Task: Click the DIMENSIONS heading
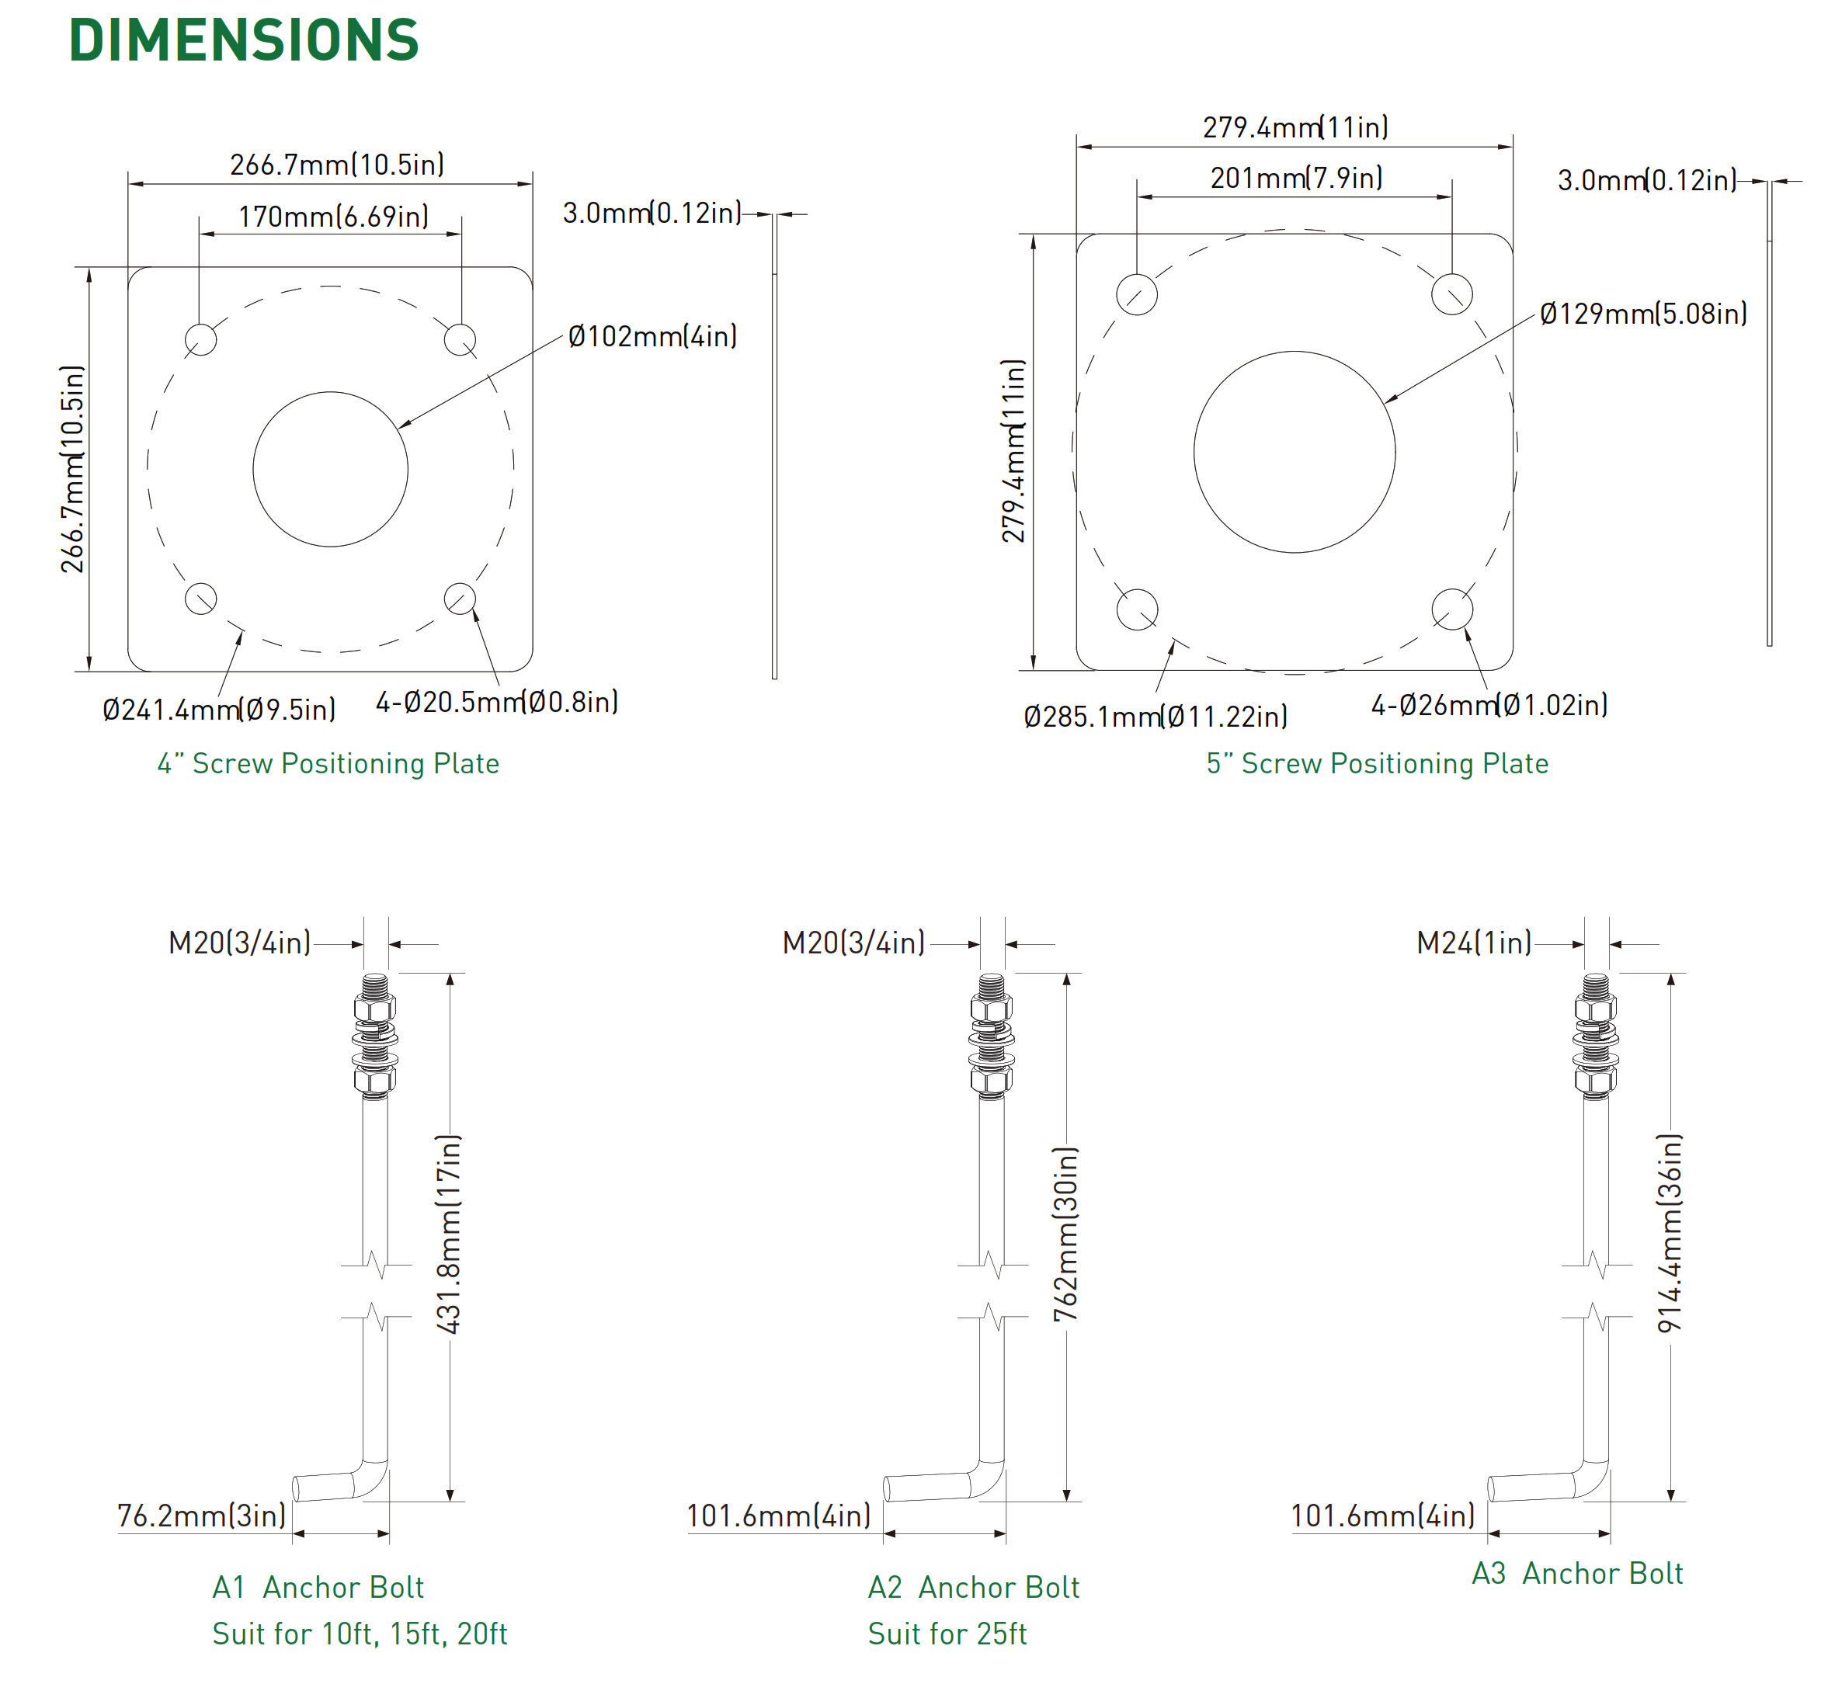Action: point(243,40)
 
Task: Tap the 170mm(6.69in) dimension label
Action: point(333,217)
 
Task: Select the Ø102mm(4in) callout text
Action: point(652,336)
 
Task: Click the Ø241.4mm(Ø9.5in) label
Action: point(219,709)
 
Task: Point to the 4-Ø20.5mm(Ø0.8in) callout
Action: point(497,702)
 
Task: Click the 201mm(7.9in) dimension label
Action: point(1296,178)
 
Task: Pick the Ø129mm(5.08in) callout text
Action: point(1643,314)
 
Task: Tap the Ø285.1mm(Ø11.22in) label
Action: point(1156,717)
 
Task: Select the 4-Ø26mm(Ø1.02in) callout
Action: point(1489,704)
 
